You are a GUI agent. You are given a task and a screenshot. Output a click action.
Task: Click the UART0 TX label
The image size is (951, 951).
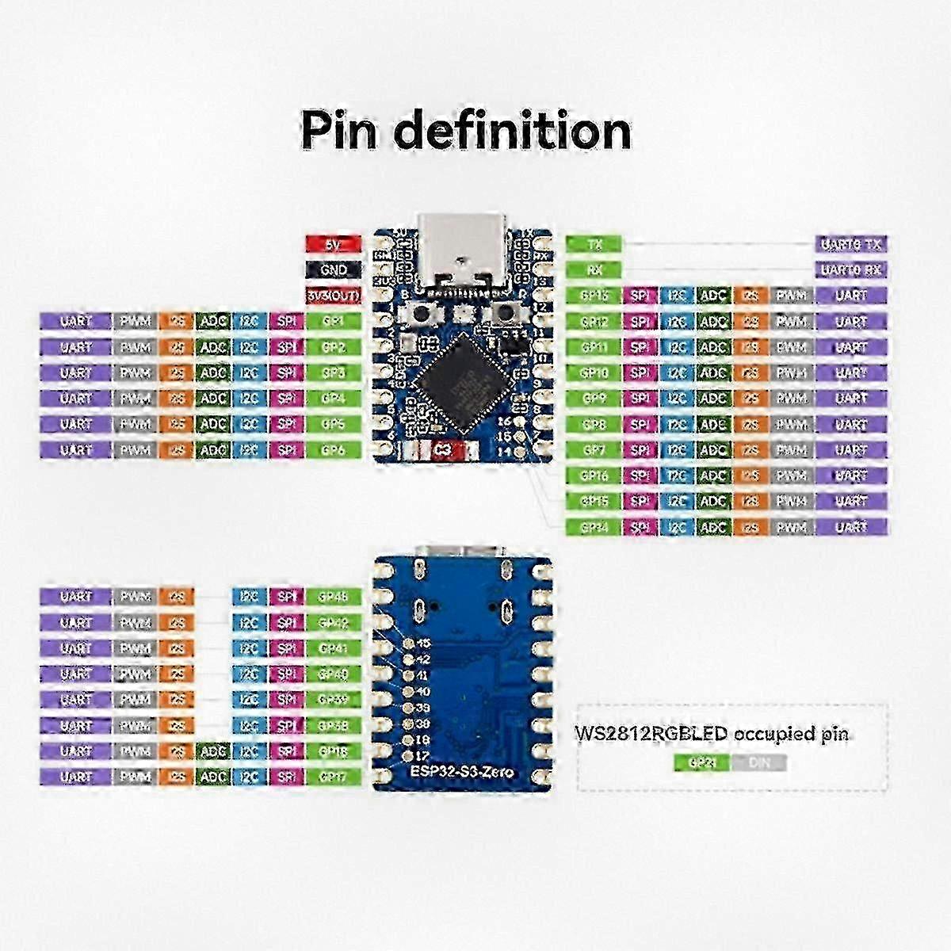click(x=851, y=244)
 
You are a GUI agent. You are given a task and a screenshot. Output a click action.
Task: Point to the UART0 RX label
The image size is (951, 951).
click(x=851, y=269)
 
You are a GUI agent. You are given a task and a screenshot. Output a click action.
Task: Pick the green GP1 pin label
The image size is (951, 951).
click(x=334, y=321)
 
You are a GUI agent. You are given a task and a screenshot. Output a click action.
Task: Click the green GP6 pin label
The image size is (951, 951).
click(x=334, y=449)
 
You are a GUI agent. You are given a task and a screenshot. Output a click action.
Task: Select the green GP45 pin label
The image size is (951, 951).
click(x=334, y=596)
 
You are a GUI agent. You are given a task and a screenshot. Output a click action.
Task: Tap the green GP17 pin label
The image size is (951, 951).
click(x=334, y=777)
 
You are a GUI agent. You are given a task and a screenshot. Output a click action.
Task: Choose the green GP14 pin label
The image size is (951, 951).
click(x=594, y=527)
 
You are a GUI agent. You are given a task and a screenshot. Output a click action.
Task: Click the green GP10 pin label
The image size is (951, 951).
click(x=594, y=372)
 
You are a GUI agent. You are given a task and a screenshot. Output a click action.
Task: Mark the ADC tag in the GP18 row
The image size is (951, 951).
click(x=213, y=751)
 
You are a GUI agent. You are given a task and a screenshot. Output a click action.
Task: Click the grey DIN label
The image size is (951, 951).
click(x=759, y=763)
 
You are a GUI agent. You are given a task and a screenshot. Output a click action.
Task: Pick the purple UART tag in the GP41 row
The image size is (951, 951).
click(x=76, y=648)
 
